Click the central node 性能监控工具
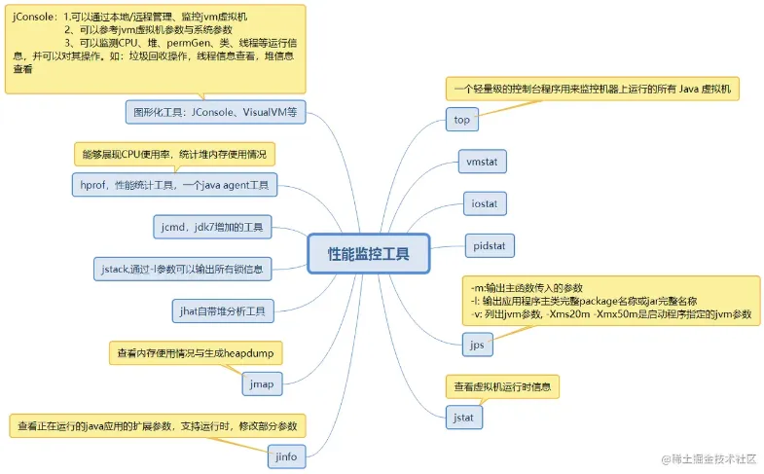pyautogui.click(x=368, y=254)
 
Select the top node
pyautogui.click(x=461, y=120)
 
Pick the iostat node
pyautogui.click(x=484, y=203)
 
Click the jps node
pyautogui.click(x=477, y=345)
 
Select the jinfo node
pyautogui.click(x=286, y=455)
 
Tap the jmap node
pyautogui.click(x=262, y=383)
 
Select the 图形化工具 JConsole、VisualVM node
pyautogui.click(x=216, y=112)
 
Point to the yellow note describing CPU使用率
pyautogui.click(x=175, y=154)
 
